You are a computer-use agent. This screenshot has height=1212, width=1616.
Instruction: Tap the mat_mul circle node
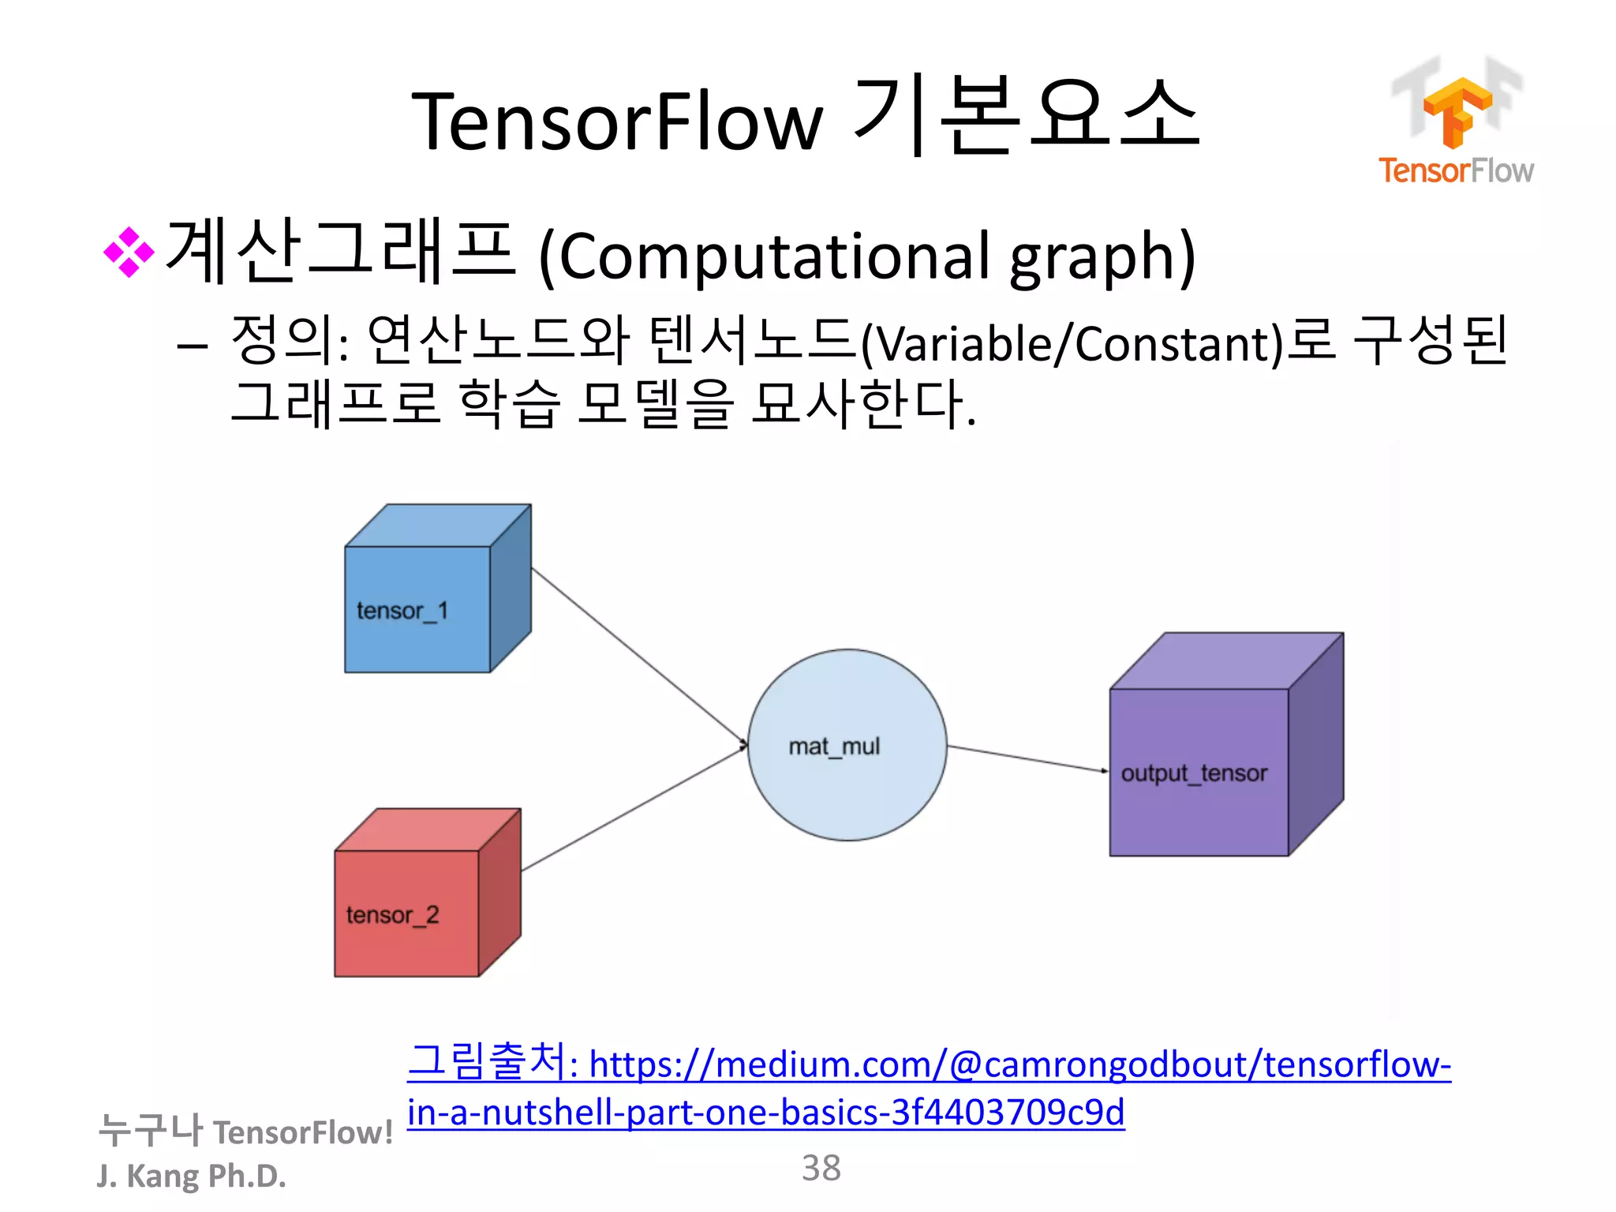(847, 745)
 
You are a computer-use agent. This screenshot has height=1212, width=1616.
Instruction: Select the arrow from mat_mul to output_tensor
(1026, 758)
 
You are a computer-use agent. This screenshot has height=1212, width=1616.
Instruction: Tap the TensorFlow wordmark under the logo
(1455, 170)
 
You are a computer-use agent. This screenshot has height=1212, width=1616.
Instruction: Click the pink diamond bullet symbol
(129, 252)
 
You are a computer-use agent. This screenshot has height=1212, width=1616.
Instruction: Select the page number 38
(821, 1168)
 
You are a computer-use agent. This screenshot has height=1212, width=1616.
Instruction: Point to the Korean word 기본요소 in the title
(1026, 117)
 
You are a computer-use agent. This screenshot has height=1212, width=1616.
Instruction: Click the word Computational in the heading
(773, 256)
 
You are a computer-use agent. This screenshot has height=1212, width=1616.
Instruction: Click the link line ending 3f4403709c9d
(765, 1112)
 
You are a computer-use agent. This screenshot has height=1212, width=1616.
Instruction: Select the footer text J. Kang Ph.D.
(191, 1176)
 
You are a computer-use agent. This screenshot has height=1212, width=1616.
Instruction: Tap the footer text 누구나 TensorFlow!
(245, 1131)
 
